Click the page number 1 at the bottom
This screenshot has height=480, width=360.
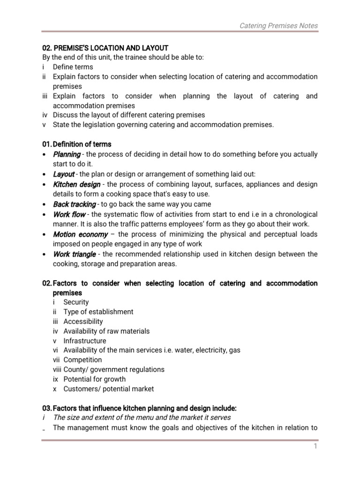pyautogui.click(x=316, y=447)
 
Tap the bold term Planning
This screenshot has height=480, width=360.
pyautogui.click(x=67, y=154)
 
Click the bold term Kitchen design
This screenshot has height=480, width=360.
pyautogui.click(x=76, y=184)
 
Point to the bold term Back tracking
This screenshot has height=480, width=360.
pyautogui.click(x=74, y=204)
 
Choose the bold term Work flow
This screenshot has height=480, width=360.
pyautogui.click(x=69, y=214)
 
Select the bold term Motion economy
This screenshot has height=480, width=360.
pyautogui.click(x=80, y=234)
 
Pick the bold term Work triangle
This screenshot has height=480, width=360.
pyautogui.click(x=74, y=254)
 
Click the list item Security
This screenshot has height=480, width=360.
pyautogui.click(x=76, y=302)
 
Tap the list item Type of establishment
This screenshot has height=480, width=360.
pyautogui.click(x=98, y=312)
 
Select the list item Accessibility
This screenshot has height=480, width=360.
pyautogui.click(x=83, y=322)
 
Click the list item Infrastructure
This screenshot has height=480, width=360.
pyautogui.click(x=85, y=341)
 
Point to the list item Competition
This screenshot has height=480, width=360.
pyautogui.click(x=82, y=360)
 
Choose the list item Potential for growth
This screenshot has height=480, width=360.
pyautogui.click(x=94, y=379)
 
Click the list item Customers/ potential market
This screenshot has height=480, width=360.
pyautogui.click(x=108, y=389)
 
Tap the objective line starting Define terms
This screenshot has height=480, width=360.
pyautogui.click(x=73, y=67)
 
